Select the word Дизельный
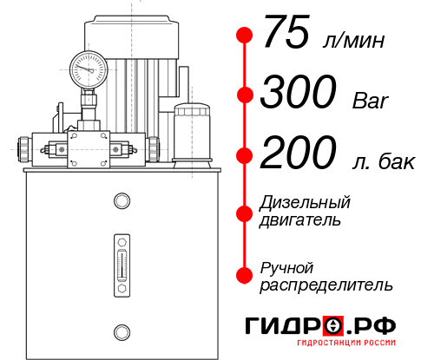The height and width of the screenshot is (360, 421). click(x=305, y=203)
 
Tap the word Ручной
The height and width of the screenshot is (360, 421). click(x=287, y=266)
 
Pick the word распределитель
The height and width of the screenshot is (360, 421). click(x=326, y=284)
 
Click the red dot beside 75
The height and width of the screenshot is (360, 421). click(x=245, y=36)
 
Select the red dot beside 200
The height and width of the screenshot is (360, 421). click(x=245, y=156)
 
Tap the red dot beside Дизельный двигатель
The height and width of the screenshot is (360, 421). click(x=245, y=213)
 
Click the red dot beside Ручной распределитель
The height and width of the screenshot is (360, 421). click(x=245, y=275)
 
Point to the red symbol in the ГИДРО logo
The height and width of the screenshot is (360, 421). click(x=333, y=326)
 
